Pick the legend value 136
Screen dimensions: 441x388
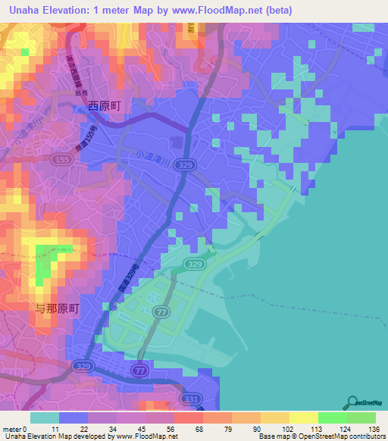373,429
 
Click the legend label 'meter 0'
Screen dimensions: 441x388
15,429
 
